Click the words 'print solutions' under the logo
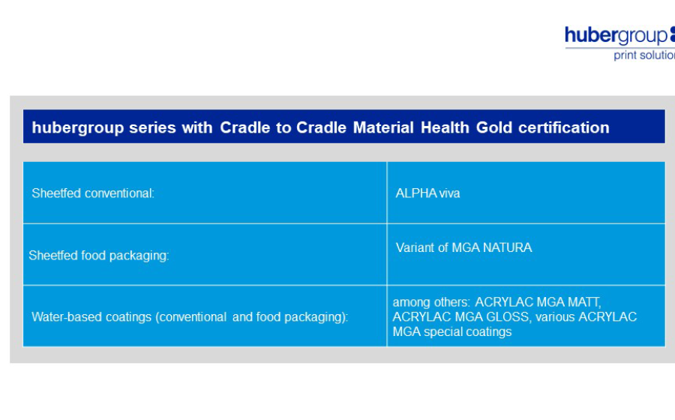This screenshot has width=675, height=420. click(644, 55)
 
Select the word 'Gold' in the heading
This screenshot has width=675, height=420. click(494, 127)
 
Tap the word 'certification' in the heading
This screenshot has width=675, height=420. click(564, 127)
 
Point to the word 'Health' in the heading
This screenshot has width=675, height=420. click(445, 127)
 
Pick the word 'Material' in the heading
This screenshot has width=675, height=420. click(383, 127)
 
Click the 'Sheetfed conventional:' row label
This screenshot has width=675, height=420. click(93, 193)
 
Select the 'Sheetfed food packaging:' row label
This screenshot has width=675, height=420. click(99, 256)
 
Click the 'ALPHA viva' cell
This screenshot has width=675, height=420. click(427, 193)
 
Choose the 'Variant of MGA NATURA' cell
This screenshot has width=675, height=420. click(463, 247)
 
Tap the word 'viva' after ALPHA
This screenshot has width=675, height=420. click(449, 193)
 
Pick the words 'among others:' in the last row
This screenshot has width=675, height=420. click(431, 302)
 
